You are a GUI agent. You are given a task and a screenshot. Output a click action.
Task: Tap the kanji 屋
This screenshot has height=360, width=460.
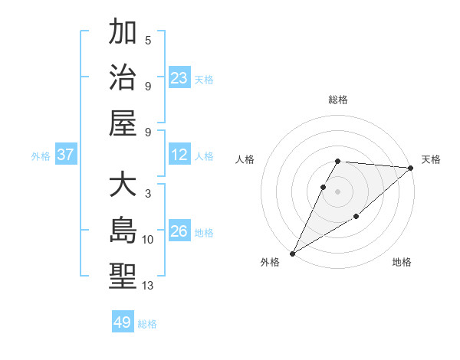123,123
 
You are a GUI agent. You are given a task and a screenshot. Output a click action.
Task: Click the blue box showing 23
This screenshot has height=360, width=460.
179,77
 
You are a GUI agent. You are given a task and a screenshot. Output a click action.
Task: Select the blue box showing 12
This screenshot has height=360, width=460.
179,155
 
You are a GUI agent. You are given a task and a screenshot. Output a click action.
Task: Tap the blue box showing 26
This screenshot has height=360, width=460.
179,231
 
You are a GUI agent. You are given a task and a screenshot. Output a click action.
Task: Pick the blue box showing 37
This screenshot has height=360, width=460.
66,155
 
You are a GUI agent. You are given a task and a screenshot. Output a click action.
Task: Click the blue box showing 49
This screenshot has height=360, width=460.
123,322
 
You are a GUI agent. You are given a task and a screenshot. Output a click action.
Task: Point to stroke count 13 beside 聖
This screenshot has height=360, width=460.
148,286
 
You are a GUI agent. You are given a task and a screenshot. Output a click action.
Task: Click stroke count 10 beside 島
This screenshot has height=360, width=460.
148,240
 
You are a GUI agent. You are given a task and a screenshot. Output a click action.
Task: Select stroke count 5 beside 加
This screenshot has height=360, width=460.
148,41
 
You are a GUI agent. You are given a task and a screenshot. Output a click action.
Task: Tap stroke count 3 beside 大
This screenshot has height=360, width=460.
148,194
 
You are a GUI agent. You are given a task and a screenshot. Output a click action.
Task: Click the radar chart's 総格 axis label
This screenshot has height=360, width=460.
338,100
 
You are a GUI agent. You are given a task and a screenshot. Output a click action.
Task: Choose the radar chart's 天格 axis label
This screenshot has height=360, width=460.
432,159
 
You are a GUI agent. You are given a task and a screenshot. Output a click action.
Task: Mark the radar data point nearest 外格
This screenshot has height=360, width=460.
292,254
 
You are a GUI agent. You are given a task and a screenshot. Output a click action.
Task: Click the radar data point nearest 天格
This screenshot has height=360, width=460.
411,168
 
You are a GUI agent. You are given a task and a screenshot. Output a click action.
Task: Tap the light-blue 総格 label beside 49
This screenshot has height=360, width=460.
147,324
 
